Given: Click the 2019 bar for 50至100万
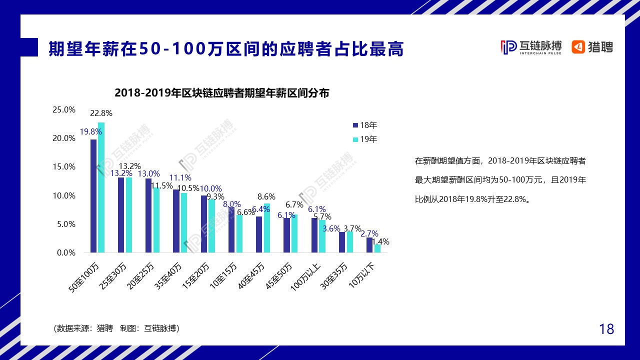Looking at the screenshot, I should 101,187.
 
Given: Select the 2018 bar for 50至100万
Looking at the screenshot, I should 93,196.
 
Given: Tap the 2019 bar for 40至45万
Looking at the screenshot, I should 267,228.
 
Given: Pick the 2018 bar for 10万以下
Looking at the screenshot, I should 369,245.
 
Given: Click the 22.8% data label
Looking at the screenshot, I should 101,113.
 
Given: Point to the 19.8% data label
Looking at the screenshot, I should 90,132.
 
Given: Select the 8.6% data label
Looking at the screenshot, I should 266,197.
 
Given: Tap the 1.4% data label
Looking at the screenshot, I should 380,242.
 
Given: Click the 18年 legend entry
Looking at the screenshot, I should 365,125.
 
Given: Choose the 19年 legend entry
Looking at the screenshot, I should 365,139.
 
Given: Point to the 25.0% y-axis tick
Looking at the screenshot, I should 64,109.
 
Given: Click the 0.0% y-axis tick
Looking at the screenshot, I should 65,253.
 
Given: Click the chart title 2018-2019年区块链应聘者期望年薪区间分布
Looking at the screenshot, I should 221,93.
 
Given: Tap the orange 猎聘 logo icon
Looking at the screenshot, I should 578,47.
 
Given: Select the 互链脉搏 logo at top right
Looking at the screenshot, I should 531,47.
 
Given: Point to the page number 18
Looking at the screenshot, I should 606,329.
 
